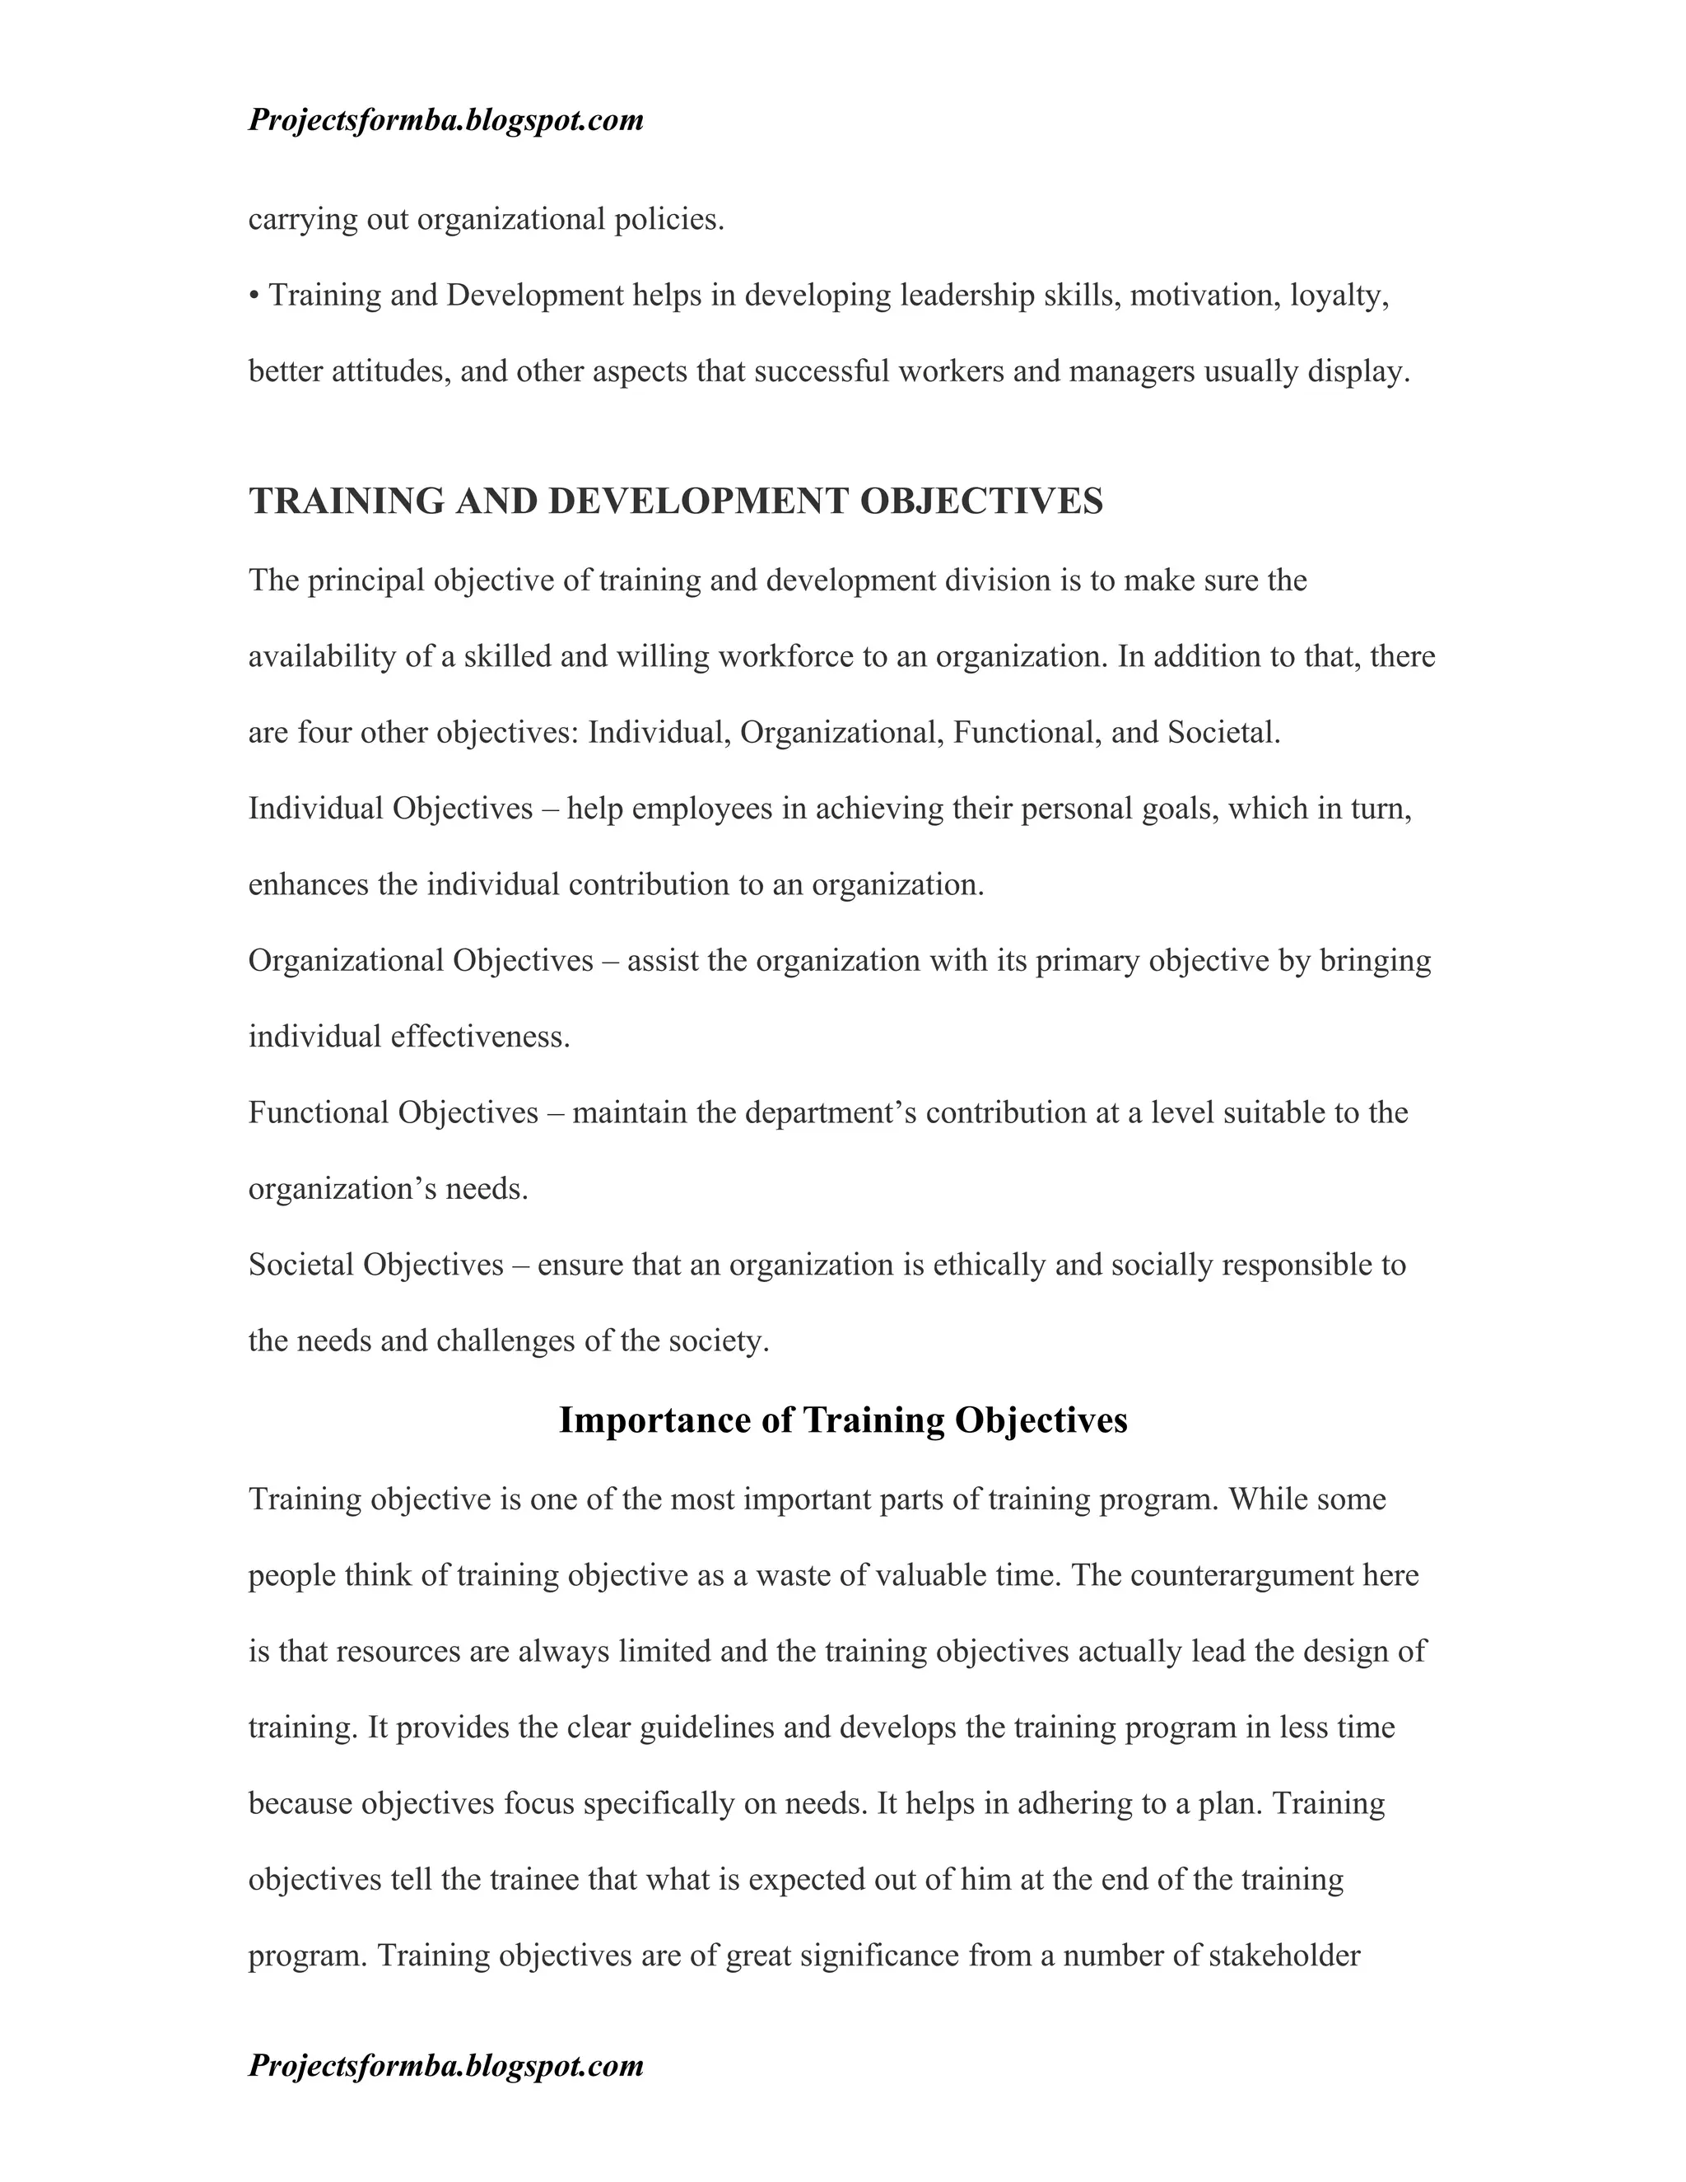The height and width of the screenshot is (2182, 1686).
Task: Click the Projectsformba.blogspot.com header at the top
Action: point(445,121)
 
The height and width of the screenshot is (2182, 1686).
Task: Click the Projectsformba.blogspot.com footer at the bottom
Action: point(445,2065)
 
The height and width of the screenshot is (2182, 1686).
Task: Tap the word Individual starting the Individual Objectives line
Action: point(315,809)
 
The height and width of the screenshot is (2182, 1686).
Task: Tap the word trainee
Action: point(533,1879)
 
